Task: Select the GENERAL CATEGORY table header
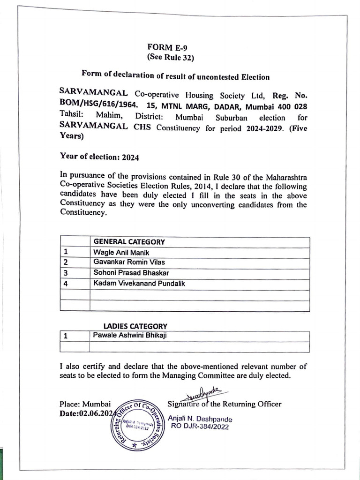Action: point(129,242)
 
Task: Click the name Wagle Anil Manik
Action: point(115,253)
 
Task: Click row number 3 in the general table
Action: point(66,273)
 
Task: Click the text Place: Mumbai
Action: point(85,404)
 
